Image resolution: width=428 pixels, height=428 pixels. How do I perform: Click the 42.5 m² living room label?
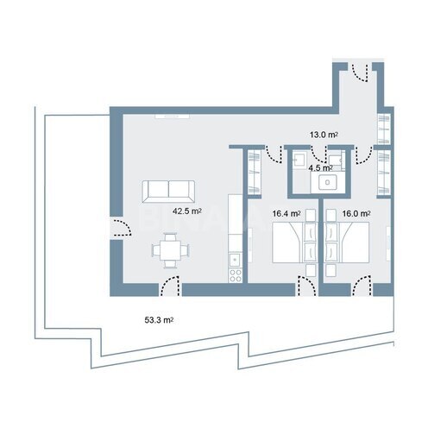pyautogui.click(x=187, y=210)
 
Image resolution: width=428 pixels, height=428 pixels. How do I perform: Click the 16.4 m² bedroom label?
pyautogui.click(x=286, y=212)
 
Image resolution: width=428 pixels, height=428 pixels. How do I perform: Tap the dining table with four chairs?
pyautogui.click(x=169, y=251)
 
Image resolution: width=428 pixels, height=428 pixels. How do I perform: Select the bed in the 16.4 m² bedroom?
pyautogui.click(x=294, y=242)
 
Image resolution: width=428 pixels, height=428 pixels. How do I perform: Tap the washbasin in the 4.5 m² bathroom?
pyautogui.click(x=329, y=181)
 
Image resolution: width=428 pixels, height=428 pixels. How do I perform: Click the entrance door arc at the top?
pyautogui.click(x=366, y=72)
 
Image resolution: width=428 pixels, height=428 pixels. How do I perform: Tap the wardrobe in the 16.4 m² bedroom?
pyautogui.click(x=255, y=172)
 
